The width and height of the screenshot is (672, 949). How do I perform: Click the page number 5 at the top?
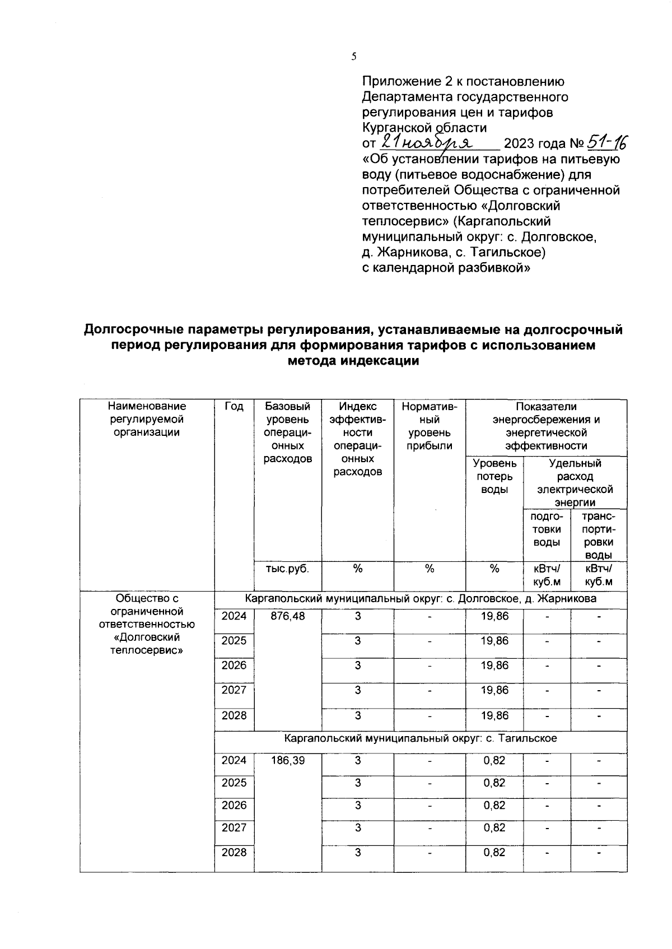[x=353, y=56]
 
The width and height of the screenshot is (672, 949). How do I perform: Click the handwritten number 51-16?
[x=606, y=143]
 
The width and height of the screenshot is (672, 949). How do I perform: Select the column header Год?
[x=234, y=407]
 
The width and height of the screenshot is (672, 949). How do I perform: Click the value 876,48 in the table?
[x=287, y=616]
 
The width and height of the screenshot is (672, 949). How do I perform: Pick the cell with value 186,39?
[x=287, y=761]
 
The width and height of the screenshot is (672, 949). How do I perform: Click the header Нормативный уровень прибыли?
[x=429, y=426]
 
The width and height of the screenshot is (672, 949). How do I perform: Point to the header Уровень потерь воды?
[x=494, y=476]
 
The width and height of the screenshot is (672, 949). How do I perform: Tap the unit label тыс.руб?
[x=287, y=569]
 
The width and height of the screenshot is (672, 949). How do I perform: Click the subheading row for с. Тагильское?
[x=420, y=738]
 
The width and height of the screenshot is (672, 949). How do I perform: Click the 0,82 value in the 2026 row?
[x=494, y=806]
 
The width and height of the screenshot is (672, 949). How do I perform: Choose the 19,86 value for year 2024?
[x=494, y=616]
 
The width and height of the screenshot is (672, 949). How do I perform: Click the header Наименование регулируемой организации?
[x=147, y=419]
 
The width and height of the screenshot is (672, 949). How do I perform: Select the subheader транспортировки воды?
[x=598, y=536]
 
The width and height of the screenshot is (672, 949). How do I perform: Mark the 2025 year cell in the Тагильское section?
[x=234, y=783]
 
